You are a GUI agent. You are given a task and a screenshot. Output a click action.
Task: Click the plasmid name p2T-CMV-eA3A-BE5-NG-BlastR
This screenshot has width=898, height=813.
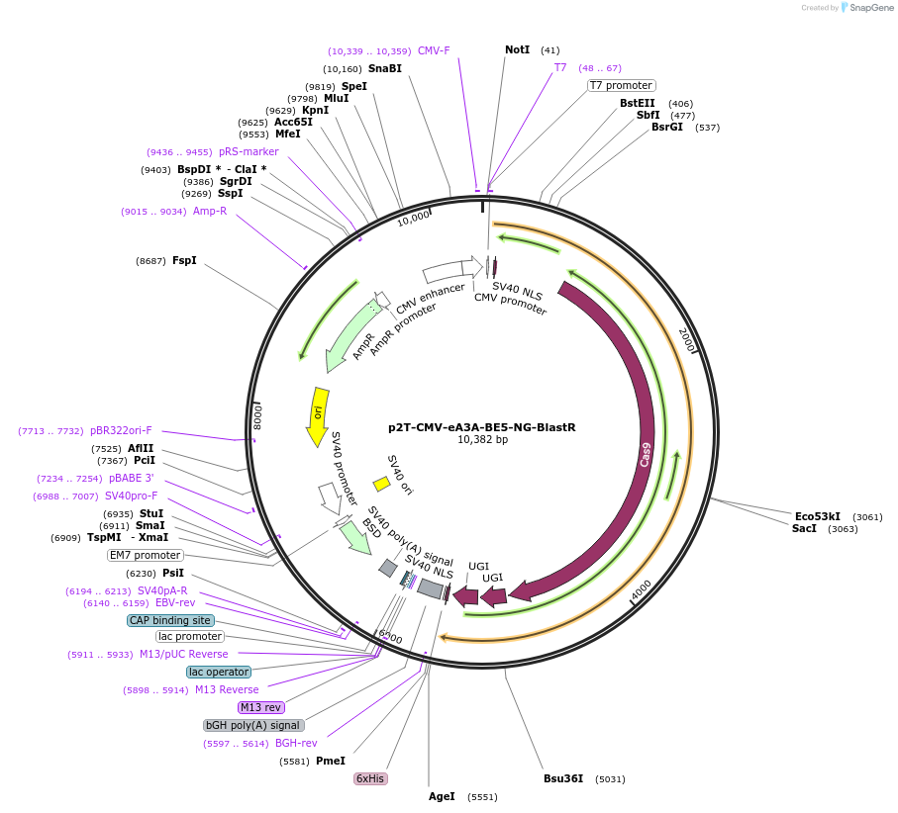(x=481, y=427)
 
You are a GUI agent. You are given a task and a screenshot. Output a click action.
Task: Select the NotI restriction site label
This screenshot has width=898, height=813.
(x=517, y=49)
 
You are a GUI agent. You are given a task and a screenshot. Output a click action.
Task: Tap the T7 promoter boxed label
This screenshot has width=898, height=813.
(x=621, y=85)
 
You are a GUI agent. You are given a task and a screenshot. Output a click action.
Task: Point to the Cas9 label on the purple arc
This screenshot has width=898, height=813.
(x=646, y=454)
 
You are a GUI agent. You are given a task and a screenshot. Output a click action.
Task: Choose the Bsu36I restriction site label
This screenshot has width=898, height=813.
(x=563, y=778)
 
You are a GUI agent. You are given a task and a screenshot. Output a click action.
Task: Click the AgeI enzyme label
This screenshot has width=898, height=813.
(x=442, y=796)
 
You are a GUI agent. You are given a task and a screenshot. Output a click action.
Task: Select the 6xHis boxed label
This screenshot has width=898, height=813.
(x=370, y=778)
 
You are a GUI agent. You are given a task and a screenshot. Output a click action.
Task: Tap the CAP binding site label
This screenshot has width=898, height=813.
(x=170, y=620)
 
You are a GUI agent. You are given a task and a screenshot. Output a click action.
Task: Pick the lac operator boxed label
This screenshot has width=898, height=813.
(x=219, y=672)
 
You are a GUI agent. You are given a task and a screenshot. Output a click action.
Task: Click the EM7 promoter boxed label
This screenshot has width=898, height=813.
(x=146, y=555)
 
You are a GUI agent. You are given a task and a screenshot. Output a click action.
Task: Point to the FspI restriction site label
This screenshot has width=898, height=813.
(x=184, y=261)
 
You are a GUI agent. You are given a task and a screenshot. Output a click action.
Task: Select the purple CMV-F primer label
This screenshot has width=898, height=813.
(x=434, y=50)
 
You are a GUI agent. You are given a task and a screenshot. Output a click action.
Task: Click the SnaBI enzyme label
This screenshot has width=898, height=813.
(x=385, y=69)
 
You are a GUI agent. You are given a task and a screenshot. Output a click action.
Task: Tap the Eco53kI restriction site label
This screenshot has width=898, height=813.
(x=818, y=516)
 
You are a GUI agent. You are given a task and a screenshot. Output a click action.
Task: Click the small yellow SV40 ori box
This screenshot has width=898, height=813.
(x=380, y=484)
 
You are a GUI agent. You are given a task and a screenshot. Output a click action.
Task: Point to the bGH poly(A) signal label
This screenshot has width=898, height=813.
(x=253, y=725)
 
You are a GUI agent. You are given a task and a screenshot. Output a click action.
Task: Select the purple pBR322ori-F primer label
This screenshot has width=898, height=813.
(x=121, y=430)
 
